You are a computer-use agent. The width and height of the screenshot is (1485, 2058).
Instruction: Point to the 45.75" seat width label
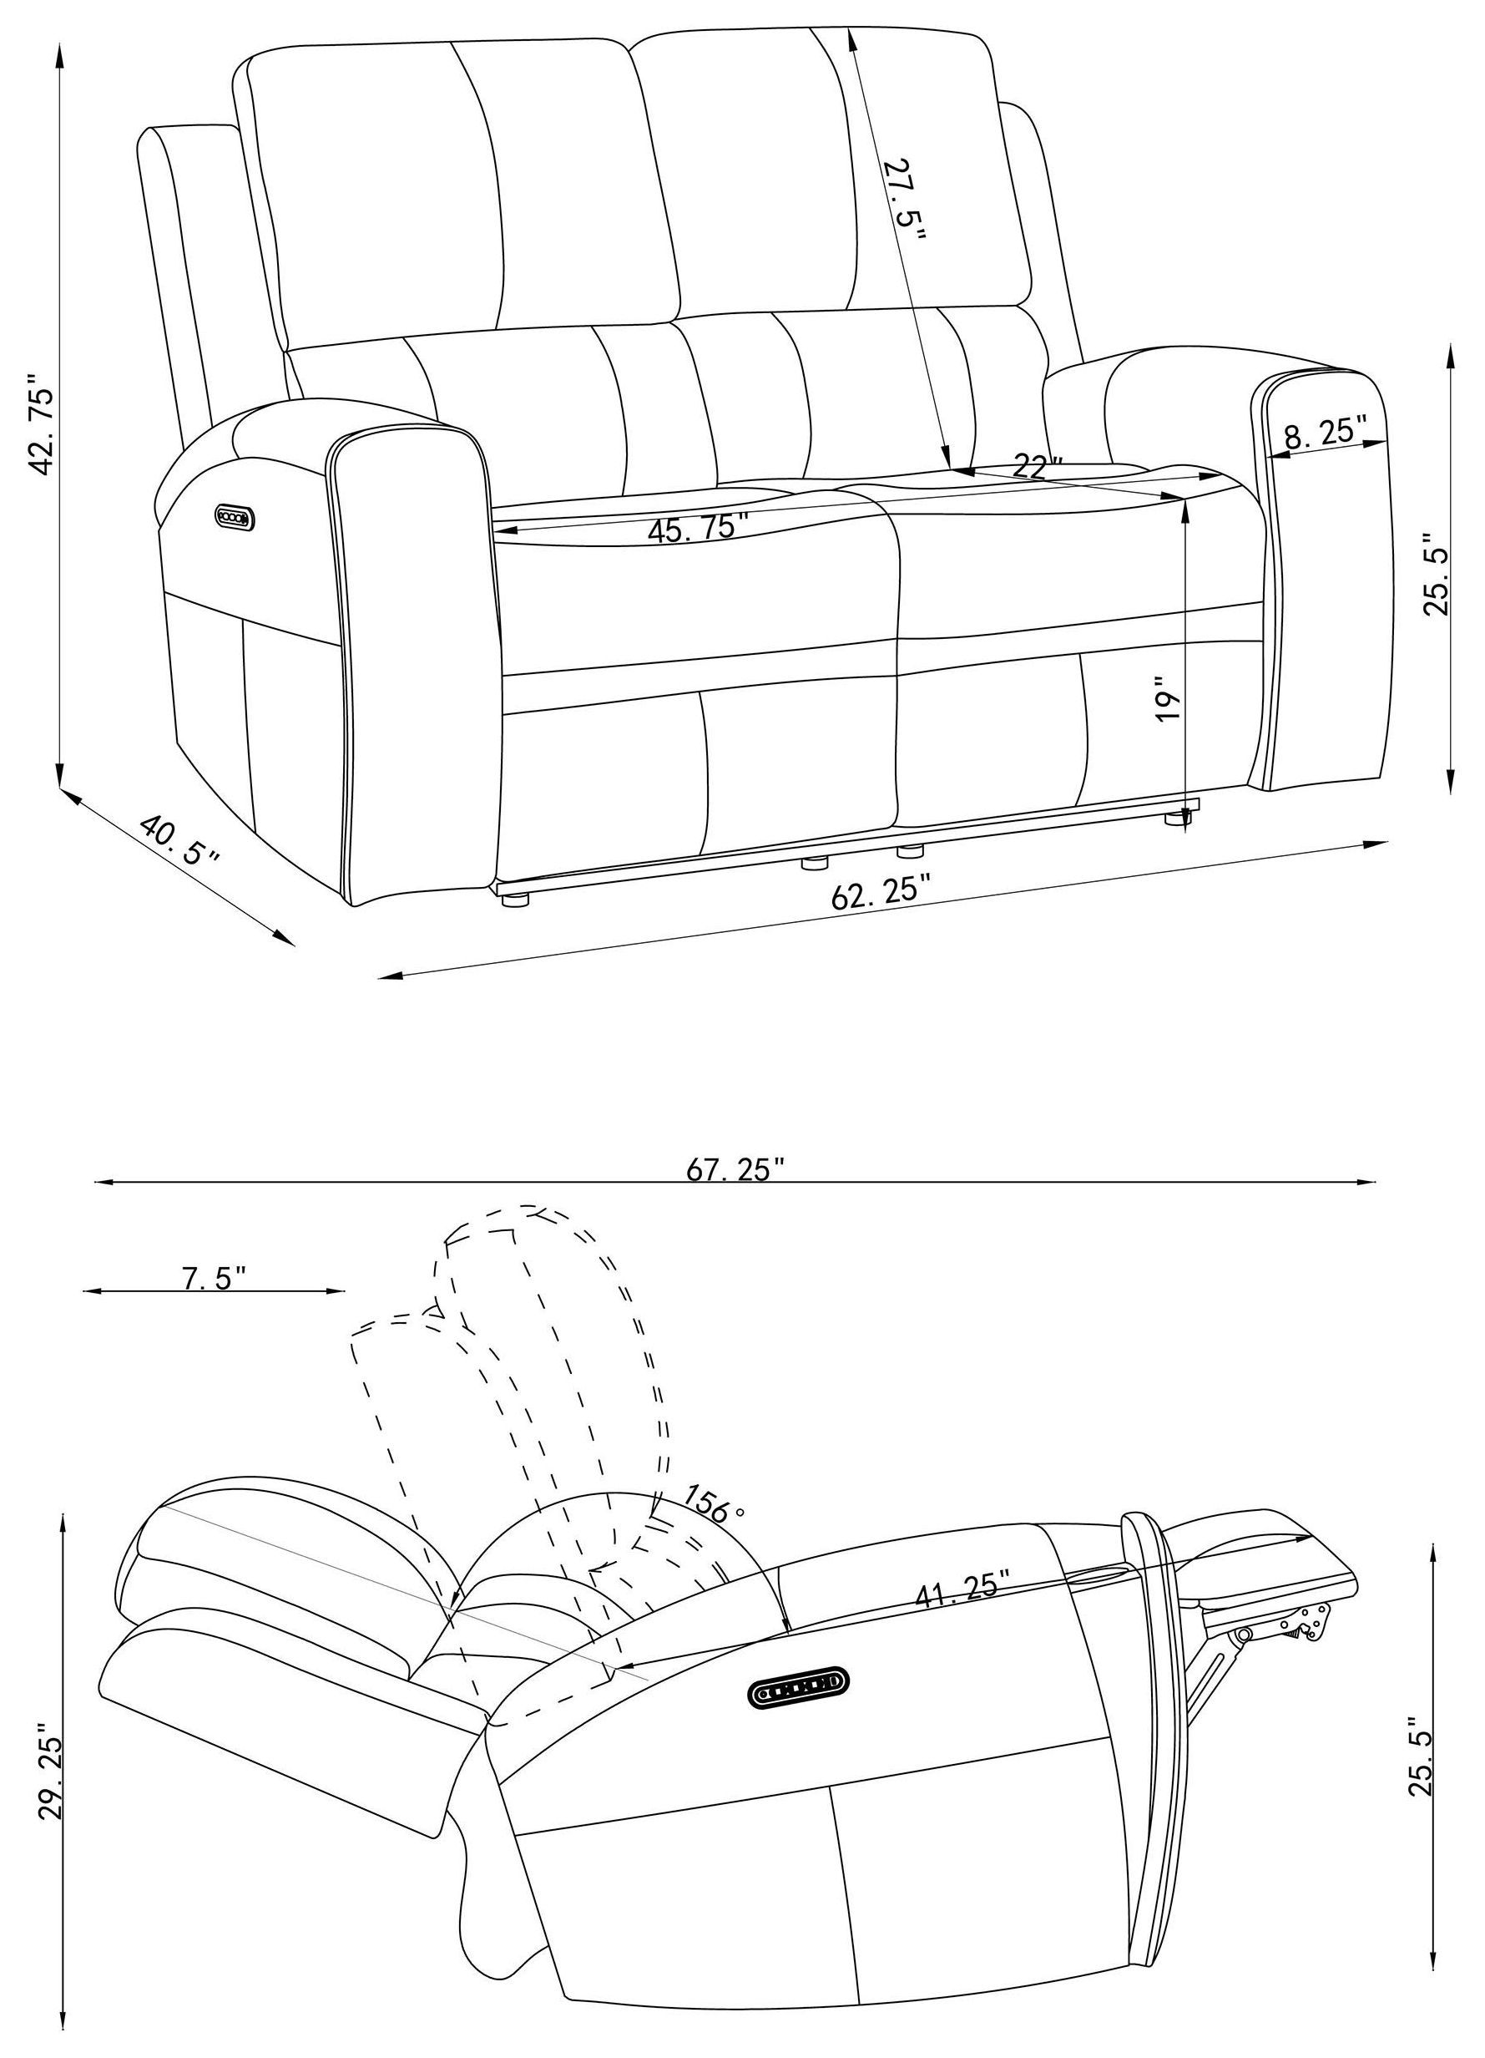(x=698, y=527)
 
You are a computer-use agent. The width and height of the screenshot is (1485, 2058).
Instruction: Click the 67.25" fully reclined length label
(x=735, y=1170)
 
